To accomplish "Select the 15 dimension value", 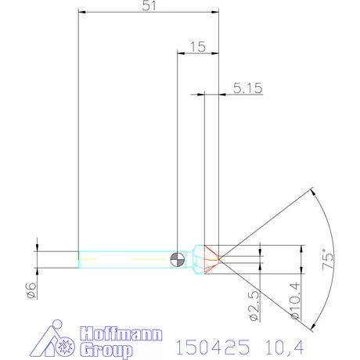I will (x=197, y=47).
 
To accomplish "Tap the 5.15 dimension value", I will (x=247, y=89).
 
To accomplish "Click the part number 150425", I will (x=210, y=344).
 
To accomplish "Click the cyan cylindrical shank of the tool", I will (x=125, y=259).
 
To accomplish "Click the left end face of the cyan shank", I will (x=78, y=259).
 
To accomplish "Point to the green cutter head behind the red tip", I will (x=200, y=259).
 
